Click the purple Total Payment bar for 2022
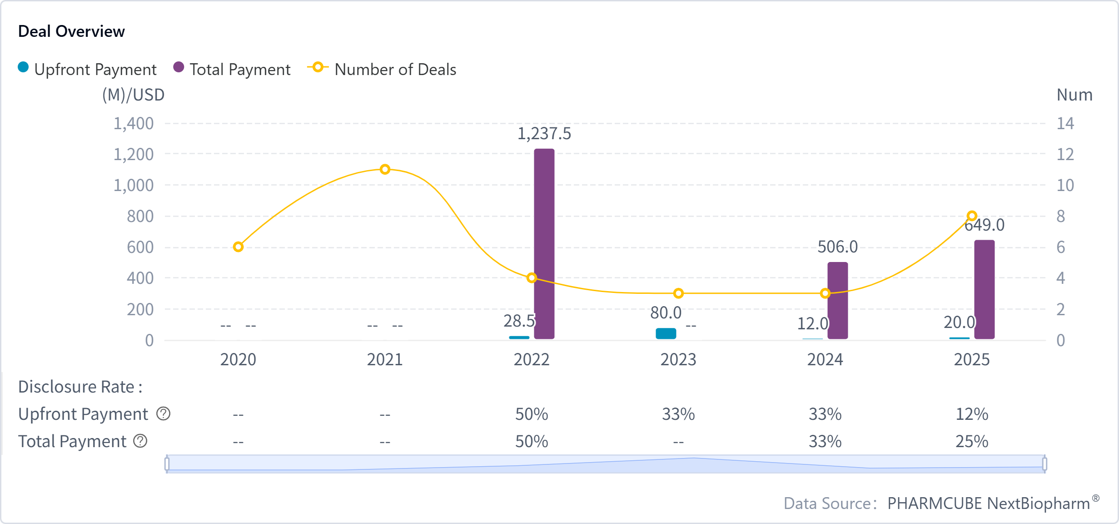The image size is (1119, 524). pyautogui.click(x=544, y=244)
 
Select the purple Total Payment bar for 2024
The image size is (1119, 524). pyautogui.click(x=837, y=300)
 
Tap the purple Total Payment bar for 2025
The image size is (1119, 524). pyautogui.click(x=984, y=289)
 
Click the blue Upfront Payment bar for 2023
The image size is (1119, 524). pyautogui.click(x=666, y=333)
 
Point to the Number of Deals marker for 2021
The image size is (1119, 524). pyautogui.click(x=385, y=170)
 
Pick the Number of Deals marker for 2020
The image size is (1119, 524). pyautogui.click(x=238, y=247)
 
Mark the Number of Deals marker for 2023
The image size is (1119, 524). pyautogui.click(x=678, y=293)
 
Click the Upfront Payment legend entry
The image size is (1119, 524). pyautogui.click(x=87, y=69)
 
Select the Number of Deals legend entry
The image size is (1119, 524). pyautogui.click(x=382, y=69)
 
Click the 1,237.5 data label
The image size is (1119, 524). pyautogui.click(x=544, y=134)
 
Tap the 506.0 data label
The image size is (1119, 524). pyautogui.click(x=837, y=247)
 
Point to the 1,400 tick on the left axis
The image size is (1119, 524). pyautogui.click(x=134, y=124)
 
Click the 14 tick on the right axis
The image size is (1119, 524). pyautogui.click(x=1065, y=124)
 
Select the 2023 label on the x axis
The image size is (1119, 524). pyautogui.click(x=678, y=360)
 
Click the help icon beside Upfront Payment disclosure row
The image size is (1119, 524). pyautogui.click(x=163, y=414)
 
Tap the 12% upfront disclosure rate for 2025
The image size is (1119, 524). pyautogui.click(x=972, y=414)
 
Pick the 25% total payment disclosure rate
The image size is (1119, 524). pyautogui.click(x=972, y=442)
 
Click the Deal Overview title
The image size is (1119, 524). pyautogui.click(x=71, y=31)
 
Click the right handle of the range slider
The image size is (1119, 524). pyautogui.click(x=1044, y=464)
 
